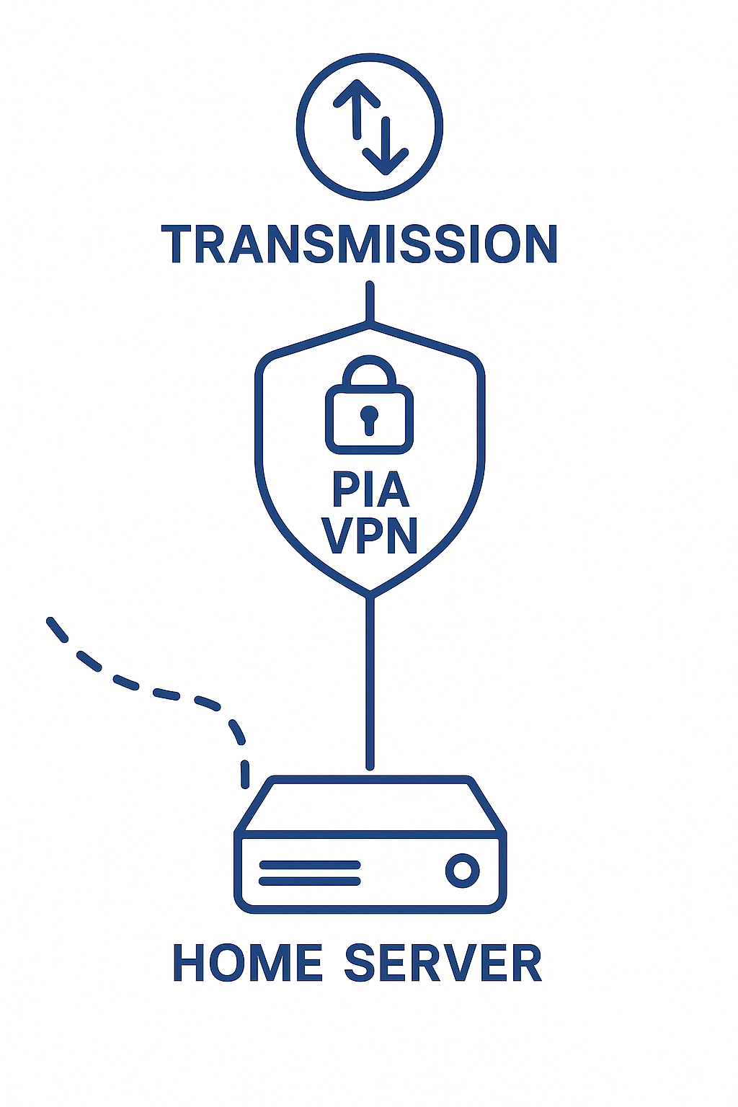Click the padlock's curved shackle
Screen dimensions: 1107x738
(370, 369)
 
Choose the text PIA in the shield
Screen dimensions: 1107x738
(370, 490)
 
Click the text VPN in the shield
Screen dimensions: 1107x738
(370, 535)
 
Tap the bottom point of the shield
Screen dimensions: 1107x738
(370, 593)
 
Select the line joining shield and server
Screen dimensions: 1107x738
(370, 685)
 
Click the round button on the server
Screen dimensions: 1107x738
(462, 871)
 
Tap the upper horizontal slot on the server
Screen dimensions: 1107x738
(309, 865)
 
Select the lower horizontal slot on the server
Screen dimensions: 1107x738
(309, 881)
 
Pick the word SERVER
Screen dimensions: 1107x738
(443, 963)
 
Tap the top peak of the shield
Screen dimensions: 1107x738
(370, 326)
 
